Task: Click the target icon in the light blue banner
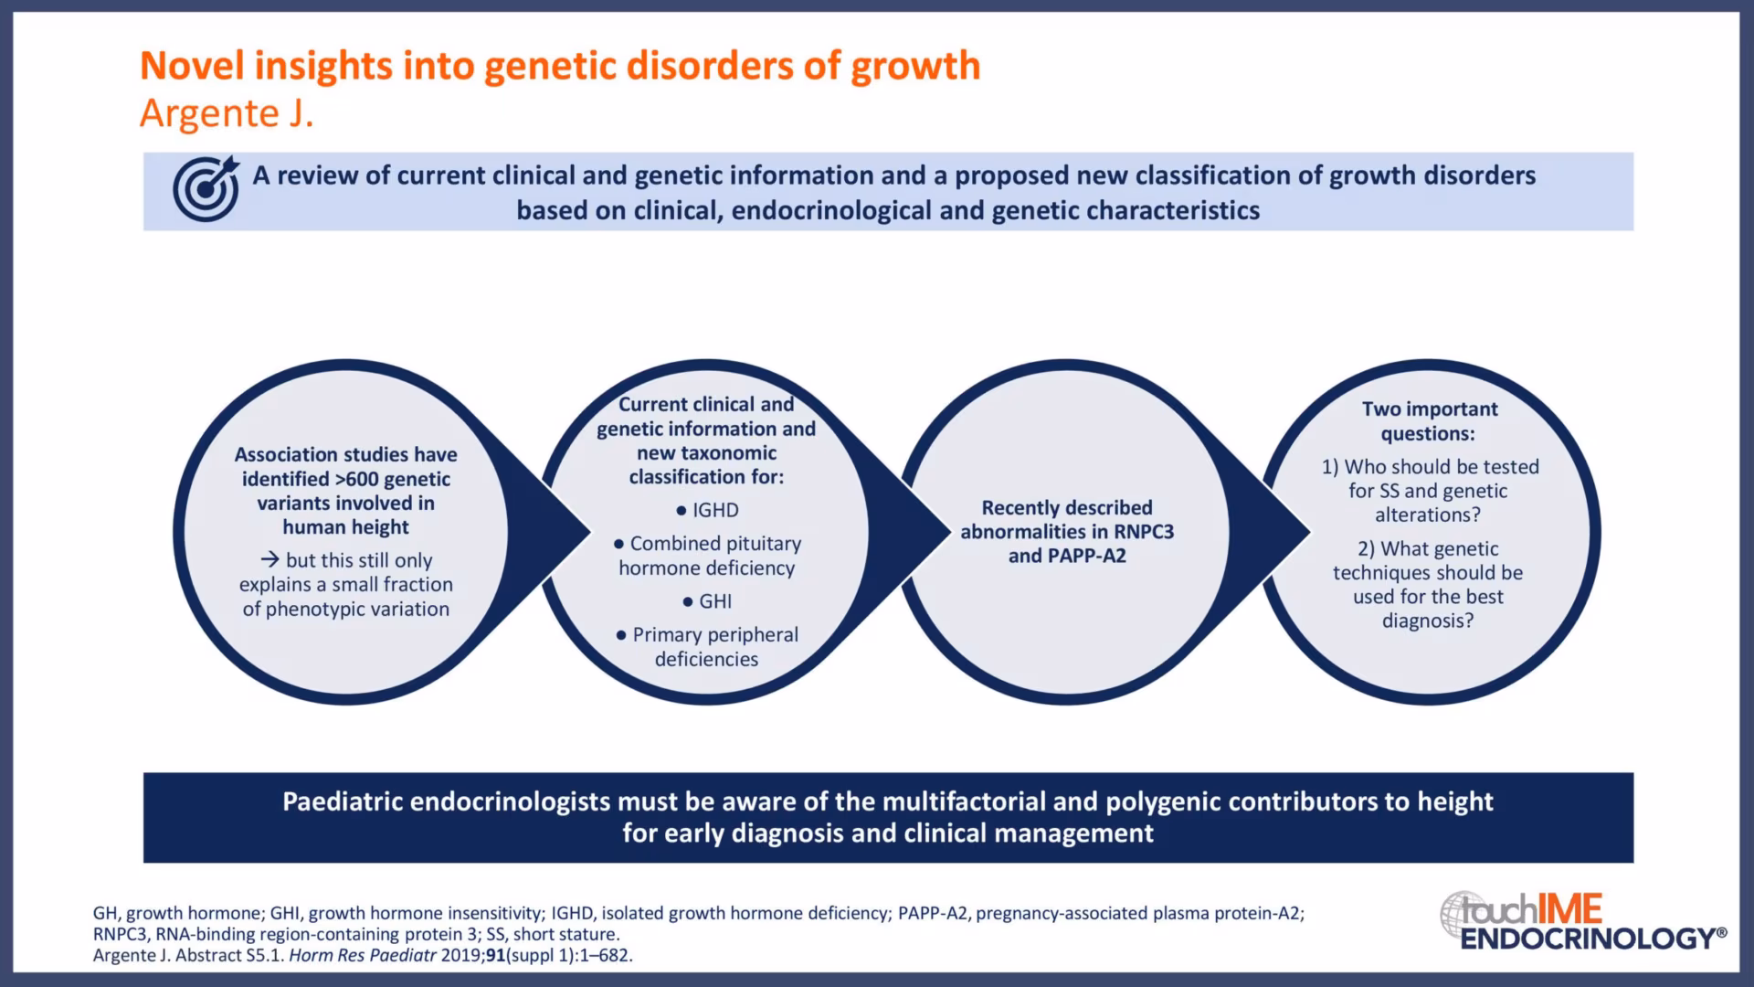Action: tap(206, 188)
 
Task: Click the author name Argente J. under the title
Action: tap(227, 114)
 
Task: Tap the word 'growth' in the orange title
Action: tap(916, 67)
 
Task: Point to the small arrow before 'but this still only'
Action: tap(269, 560)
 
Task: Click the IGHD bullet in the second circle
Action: tap(707, 510)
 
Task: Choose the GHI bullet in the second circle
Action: tap(707, 601)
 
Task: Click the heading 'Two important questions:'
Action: tap(1430, 421)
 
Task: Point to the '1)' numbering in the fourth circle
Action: tap(1330, 467)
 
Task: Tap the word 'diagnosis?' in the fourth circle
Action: tap(1428, 621)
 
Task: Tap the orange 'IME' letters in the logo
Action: tap(1570, 909)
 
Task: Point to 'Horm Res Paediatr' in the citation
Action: tap(363, 956)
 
